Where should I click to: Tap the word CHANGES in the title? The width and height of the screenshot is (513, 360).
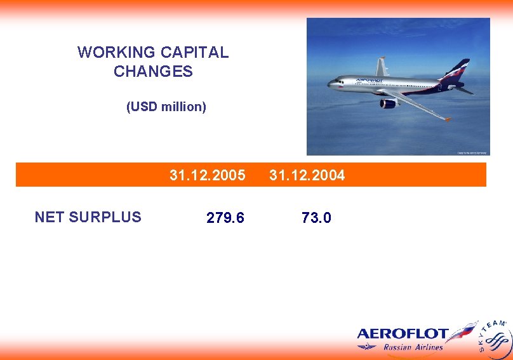click(153, 72)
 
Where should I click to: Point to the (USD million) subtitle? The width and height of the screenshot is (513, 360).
click(166, 107)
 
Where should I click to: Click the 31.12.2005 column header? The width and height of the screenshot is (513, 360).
click(207, 175)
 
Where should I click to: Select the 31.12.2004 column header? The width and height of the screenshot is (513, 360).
click(307, 175)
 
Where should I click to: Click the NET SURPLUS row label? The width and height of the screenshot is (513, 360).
click(88, 217)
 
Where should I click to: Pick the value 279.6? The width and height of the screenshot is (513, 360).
click(225, 218)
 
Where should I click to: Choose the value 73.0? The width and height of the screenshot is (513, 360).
click(316, 218)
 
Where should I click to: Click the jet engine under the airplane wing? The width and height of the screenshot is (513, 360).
click(388, 103)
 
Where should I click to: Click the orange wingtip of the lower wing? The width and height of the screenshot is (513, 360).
click(448, 119)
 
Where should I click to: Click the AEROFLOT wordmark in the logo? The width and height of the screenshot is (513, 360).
click(403, 334)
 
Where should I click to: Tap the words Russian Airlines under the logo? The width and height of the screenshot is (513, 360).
click(413, 347)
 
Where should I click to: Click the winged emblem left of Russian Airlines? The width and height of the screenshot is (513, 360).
click(366, 347)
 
